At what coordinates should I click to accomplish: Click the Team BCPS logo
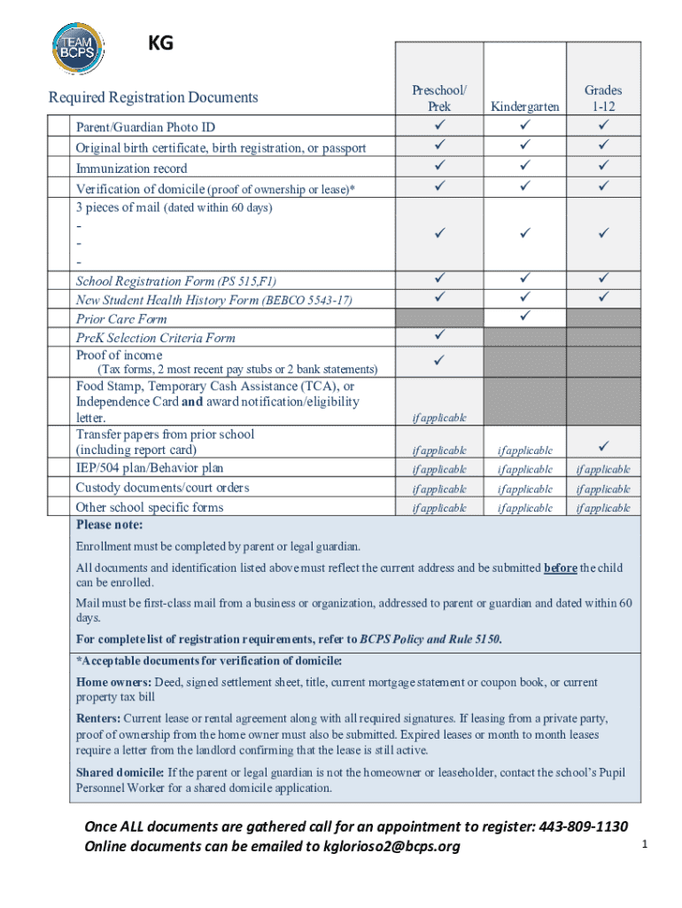pos(79,48)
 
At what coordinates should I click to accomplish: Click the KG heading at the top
pos(160,43)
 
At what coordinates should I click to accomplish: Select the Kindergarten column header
pos(525,106)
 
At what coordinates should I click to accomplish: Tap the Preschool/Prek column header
pos(439,98)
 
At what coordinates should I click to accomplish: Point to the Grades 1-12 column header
pos(603,98)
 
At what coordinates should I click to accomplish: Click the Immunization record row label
pos(131,168)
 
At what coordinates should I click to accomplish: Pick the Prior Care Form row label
pos(121,318)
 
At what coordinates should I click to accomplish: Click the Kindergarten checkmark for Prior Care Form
pos(525,316)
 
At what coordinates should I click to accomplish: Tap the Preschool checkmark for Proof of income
pos(439,359)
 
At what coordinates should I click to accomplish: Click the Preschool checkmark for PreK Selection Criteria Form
pos(439,335)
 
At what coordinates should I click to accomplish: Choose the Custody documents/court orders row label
pos(162,488)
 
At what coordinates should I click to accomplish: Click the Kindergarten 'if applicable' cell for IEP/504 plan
pos(525,469)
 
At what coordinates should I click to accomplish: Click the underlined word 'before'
pos(560,567)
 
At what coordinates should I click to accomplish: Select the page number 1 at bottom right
pos(646,845)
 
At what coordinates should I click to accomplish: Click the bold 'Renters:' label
pos(98,717)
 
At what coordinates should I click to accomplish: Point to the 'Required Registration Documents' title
pos(153,98)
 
